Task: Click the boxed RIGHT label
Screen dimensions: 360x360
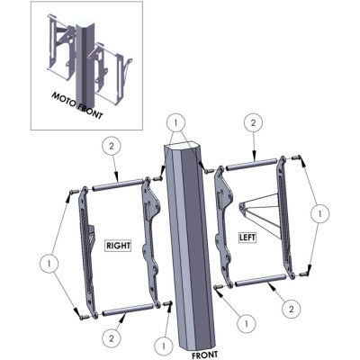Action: pyautogui.click(x=119, y=246)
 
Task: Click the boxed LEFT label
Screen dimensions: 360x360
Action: pyautogui.click(x=247, y=238)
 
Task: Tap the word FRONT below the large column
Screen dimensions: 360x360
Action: pyautogui.click(x=205, y=355)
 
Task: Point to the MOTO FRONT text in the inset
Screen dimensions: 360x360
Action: pyautogui.click(x=77, y=105)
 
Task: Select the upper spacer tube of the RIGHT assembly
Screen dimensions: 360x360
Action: pyautogui.click(x=117, y=184)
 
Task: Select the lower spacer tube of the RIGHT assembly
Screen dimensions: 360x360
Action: pyautogui.click(x=128, y=310)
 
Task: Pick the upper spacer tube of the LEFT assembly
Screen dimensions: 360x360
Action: pyautogui.click(x=251, y=165)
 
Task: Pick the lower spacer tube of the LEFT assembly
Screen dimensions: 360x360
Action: pyautogui.click(x=260, y=280)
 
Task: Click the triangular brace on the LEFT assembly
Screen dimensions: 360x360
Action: pyautogui.click(x=260, y=215)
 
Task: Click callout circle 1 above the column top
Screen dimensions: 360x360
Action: pyautogui.click(x=175, y=122)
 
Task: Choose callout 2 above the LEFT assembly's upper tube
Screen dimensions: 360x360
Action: pyautogui.click(x=254, y=122)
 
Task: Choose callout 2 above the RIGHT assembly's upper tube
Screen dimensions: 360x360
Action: pyautogui.click(x=112, y=147)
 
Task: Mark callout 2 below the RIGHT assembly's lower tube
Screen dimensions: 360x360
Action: pyautogui.click(x=112, y=339)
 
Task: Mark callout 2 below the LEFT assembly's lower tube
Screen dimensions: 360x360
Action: pyautogui.click(x=291, y=309)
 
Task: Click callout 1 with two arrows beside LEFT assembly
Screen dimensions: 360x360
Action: pyautogui.click(x=320, y=213)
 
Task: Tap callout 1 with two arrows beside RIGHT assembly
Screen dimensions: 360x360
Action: pyautogui.click(x=49, y=264)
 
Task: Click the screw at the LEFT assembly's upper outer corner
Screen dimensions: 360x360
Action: pyautogui.click(x=296, y=157)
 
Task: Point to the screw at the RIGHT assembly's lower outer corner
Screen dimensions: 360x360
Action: pyautogui.click(x=84, y=317)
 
